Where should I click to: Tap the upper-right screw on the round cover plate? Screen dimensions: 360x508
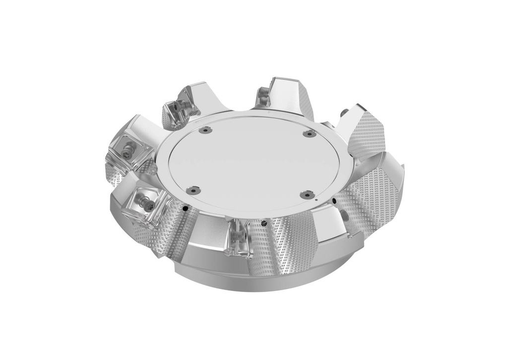tap(309, 134)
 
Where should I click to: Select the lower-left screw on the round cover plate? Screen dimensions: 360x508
tap(193, 189)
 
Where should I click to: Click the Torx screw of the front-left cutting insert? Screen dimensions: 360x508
tap(146, 201)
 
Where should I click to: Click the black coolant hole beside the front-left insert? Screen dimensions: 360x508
tap(185, 210)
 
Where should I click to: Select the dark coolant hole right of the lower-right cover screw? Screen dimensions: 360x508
tap(335, 201)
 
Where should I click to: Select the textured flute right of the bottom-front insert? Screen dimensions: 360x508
tap(278, 248)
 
